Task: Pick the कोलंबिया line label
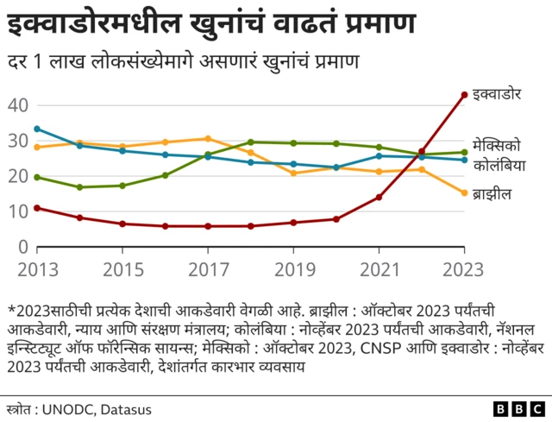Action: (499, 164)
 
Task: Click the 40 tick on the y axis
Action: (19, 105)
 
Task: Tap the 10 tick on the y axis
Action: (19, 211)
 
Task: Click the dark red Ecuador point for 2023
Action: (464, 95)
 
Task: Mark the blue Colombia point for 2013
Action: (36, 129)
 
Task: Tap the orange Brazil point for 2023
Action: (464, 193)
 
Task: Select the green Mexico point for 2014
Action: (79, 187)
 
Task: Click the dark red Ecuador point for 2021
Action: (379, 198)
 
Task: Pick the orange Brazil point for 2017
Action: (207, 138)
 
